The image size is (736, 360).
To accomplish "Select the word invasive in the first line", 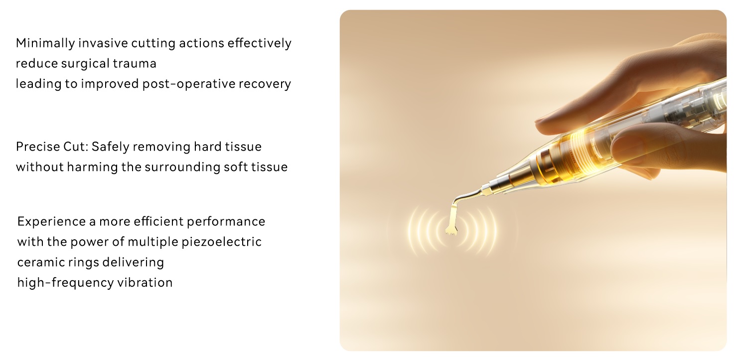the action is click(x=103, y=43).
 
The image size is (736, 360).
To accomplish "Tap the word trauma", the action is click(x=135, y=63).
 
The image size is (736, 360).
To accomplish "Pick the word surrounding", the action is click(x=182, y=168).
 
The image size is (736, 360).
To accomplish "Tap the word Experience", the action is click(x=52, y=222).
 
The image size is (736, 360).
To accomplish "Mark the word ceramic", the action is click(x=41, y=262).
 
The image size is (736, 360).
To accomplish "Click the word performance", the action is click(x=226, y=222).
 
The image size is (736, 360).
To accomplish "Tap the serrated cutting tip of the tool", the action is click(x=451, y=230).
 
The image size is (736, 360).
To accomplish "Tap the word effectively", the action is click(x=259, y=43).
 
